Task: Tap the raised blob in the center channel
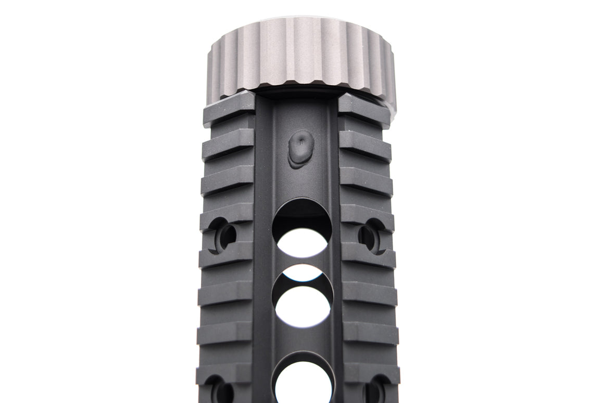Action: click(301, 149)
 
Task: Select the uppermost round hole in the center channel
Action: click(301, 229)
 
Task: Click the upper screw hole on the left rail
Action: click(223, 235)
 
